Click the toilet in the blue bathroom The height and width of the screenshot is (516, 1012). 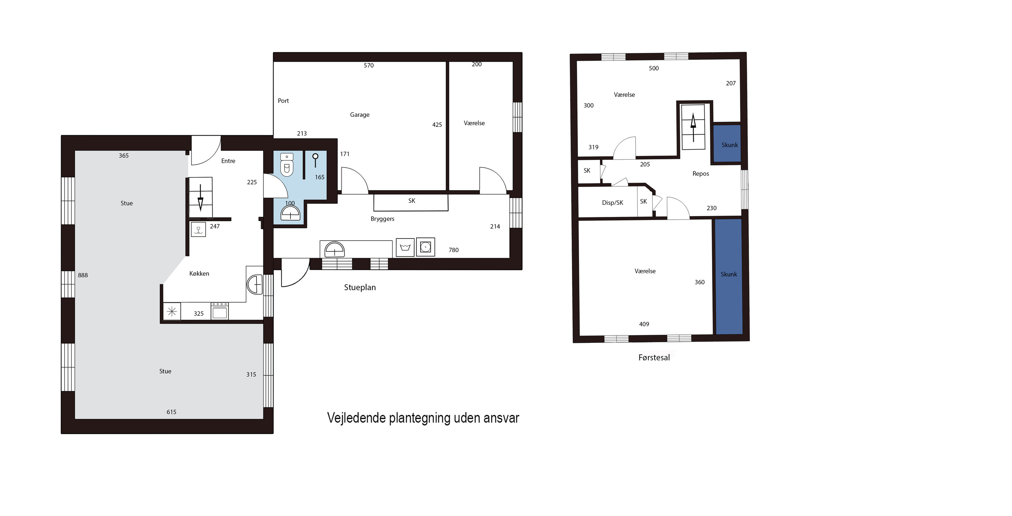287,165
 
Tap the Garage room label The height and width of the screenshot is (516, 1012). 359,115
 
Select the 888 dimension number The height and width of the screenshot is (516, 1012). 83,275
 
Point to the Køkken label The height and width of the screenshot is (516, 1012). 199,273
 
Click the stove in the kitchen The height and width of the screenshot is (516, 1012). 220,311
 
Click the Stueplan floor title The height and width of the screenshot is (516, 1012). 360,287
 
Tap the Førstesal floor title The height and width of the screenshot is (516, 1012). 654,358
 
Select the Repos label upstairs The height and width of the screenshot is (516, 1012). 701,174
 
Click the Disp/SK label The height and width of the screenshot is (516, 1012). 612,203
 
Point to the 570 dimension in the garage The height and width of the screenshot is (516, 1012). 368,65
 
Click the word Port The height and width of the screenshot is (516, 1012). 283,101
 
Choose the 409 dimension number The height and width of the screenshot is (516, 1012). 644,324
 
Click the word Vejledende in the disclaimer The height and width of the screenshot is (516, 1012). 356,418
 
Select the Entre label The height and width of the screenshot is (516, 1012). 228,161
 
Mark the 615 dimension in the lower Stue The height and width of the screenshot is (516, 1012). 171,412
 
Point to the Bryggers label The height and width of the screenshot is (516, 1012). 382,219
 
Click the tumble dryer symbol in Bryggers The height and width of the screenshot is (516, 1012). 426,247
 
